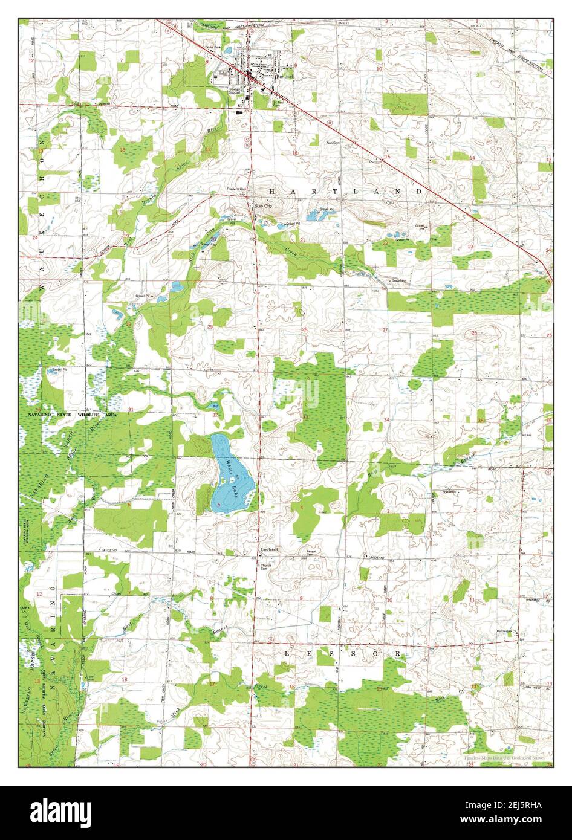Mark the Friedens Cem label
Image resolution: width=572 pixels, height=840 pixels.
click(237, 189)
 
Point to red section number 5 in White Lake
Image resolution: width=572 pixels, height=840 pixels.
click(218, 505)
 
